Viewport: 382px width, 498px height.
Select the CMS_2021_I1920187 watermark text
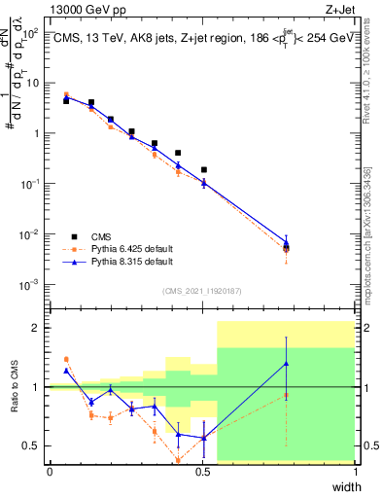[x=202, y=290]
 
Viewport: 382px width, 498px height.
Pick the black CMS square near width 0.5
[x=204, y=169]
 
